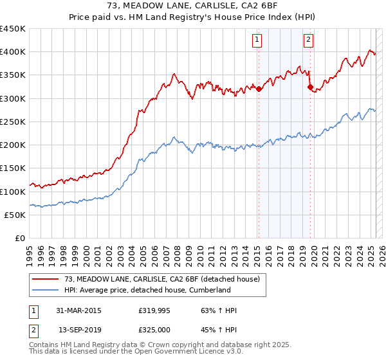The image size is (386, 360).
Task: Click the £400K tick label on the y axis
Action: tap(13, 52)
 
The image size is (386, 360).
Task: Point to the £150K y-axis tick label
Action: tap(13, 168)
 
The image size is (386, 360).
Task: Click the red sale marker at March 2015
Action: tap(259, 89)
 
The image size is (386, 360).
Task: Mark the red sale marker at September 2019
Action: tap(310, 87)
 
